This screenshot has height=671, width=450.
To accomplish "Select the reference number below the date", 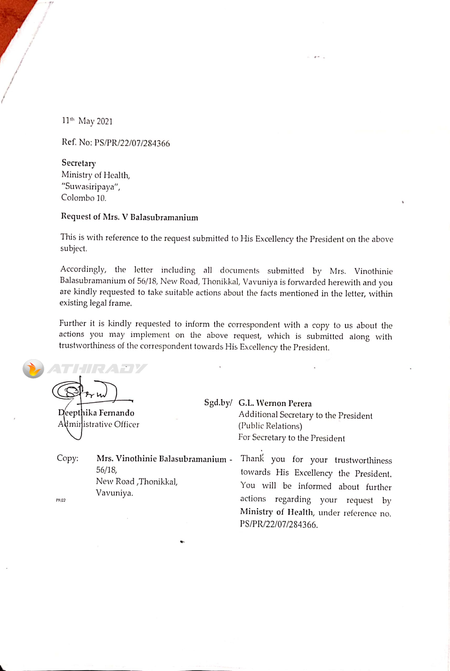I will coord(116,143).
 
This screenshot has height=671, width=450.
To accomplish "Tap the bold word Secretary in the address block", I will coord(79,163).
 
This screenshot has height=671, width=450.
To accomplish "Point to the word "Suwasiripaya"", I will coord(91,187).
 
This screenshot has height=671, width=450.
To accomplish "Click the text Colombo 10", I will coord(83,198).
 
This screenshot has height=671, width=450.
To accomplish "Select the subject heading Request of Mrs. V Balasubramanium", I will coord(129,217).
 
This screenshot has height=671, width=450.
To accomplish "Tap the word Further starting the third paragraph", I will coord(73,323).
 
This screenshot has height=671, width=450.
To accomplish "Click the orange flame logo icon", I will coord(33,369).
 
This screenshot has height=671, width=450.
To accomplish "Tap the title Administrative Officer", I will coord(98,424).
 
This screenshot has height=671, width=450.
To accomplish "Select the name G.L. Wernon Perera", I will coord(275,403).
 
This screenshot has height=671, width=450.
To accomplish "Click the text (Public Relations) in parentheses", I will coord(270,426).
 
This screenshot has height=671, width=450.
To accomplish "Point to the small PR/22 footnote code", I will coord(61,500).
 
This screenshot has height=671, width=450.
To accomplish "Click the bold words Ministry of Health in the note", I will coord(277,512).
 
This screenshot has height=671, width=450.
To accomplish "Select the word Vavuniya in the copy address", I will coord(114,493).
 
